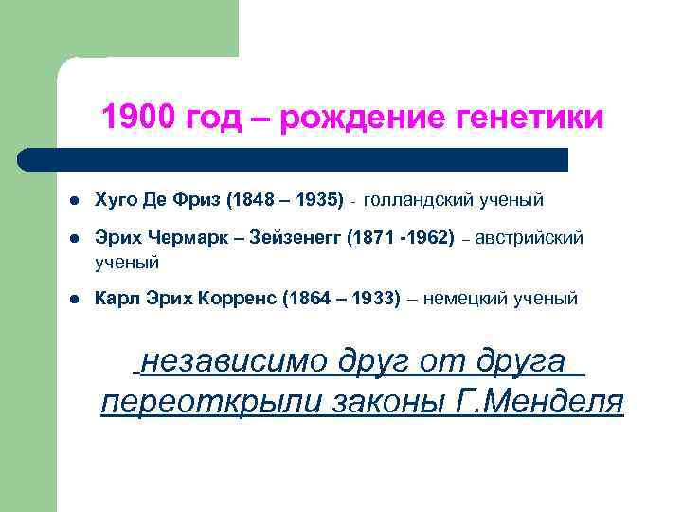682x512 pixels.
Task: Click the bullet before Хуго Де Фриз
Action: (74, 200)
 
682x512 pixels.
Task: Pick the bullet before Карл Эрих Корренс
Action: (74, 300)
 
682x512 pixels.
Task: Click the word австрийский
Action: (529, 239)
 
